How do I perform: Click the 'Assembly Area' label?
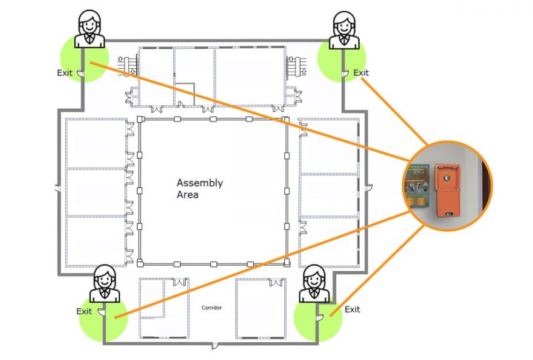pyautogui.click(x=199, y=188)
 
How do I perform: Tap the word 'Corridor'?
pyautogui.click(x=212, y=307)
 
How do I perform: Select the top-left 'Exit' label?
pyautogui.click(x=65, y=73)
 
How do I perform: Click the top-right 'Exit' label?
pyautogui.click(x=361, y=73)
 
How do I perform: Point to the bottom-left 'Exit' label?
pyautogui.click(x=84, y=311)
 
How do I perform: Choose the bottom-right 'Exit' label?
pyautogui.click(x=352, y=309)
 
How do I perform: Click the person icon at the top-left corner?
pyautogui.click(x=90, y=30)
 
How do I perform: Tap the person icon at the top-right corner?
pyautogui.click(x=343, y=30)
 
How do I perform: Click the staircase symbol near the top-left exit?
pyautogui.click(x=127, y=66)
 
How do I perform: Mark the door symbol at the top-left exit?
pyautogui.click(x=83, y=73)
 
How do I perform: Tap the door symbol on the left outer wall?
pyautogui.click(x=58, y=190)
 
